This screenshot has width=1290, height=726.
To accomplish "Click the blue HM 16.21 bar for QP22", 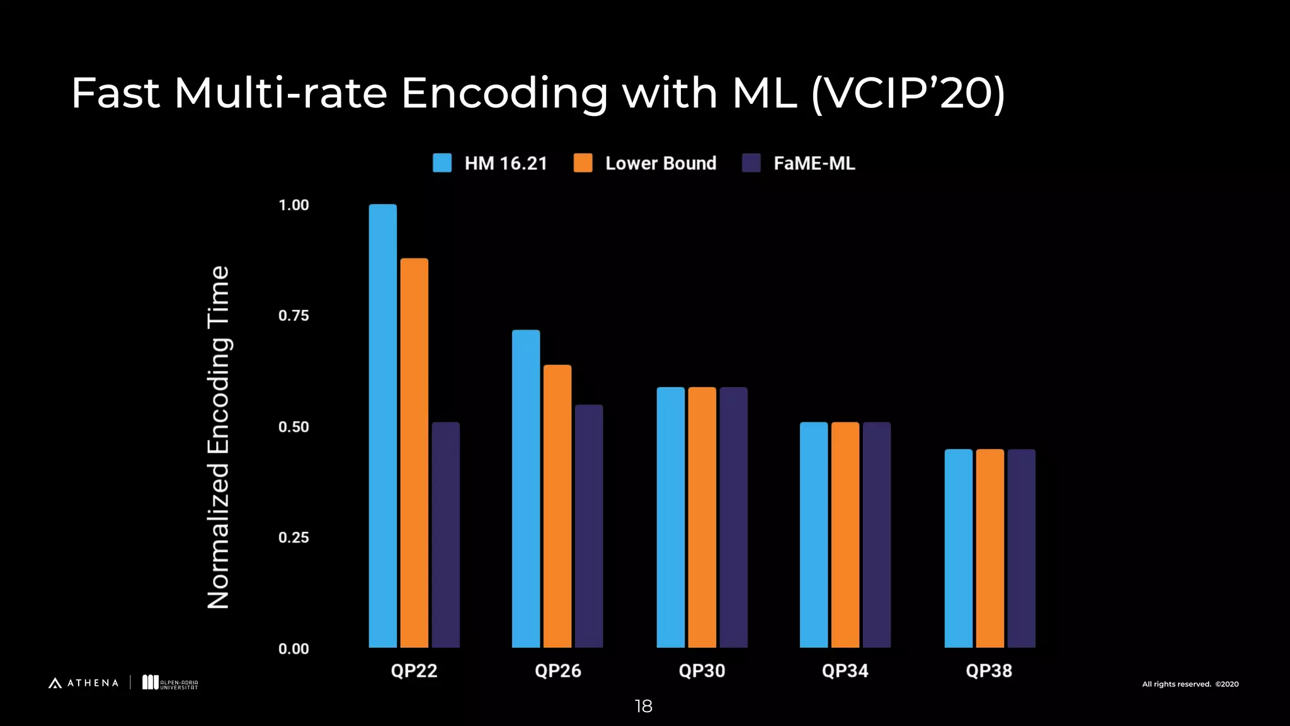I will tap(382, 425).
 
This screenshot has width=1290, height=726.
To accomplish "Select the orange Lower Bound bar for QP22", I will tap(414, 452).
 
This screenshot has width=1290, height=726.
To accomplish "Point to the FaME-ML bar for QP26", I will tap(588, 526).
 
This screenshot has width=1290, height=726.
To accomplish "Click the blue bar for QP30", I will tap(670, 517).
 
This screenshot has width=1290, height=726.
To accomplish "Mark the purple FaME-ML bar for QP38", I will tap(1021, 548).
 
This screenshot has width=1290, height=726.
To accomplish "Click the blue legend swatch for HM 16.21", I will tap(442, 163).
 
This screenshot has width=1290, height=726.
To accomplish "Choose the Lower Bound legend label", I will tap(660, 163).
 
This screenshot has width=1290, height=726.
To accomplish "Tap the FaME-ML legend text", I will tap(814, 163).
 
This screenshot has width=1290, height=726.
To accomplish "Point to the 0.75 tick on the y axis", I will tap(294, 316).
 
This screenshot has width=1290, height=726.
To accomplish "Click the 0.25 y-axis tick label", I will tap(294, 538).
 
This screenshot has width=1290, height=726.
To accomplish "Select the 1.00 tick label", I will tap(294, 205).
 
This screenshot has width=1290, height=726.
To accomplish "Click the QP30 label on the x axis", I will tap(702, 671).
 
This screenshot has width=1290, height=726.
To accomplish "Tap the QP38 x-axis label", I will tap(989, 671).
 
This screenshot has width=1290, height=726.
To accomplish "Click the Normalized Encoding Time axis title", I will tap(219, 437).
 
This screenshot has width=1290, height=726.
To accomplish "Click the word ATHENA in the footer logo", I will tap(93, 683).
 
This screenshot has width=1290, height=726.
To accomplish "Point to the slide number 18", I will tap(643, 706).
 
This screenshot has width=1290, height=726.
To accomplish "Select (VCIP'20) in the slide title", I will tap(908, 93).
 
